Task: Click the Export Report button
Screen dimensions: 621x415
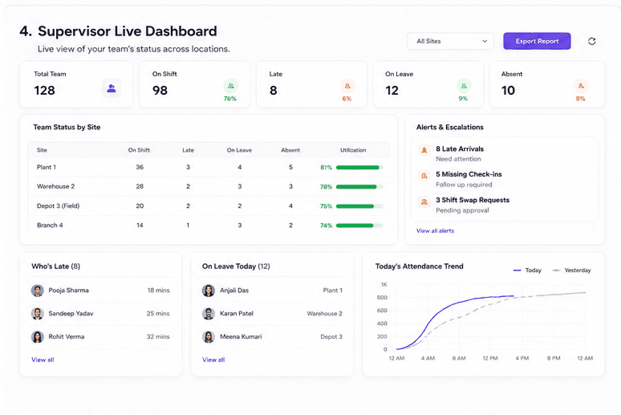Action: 537,41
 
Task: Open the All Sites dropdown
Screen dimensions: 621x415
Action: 450,41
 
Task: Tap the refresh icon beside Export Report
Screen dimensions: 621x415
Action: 591,41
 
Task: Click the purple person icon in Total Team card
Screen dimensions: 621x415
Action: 112,88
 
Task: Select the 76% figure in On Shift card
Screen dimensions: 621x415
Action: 230,99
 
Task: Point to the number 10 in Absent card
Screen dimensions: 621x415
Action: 508,91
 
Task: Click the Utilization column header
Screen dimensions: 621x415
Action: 353,150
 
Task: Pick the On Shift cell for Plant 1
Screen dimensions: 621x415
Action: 140,167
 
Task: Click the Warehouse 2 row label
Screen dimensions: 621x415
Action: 56,186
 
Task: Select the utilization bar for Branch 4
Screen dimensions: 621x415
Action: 359,226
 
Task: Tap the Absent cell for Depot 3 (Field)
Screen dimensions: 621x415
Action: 290,206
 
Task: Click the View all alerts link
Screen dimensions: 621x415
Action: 435,230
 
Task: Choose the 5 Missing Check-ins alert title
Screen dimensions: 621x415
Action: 469,174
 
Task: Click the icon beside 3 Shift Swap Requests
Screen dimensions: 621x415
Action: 424,201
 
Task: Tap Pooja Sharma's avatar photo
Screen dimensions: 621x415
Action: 38,291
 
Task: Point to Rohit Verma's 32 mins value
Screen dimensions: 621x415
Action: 158,336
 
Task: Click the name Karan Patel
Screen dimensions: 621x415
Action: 237,314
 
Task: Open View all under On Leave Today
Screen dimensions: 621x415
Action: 213,360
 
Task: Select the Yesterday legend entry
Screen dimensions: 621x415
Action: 571,271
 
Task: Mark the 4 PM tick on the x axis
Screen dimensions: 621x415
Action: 522,358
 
